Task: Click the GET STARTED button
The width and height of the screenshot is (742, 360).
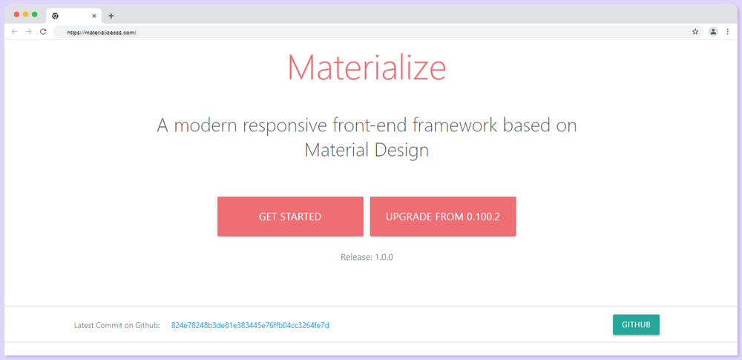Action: (290, 217)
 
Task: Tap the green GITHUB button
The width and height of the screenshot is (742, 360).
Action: (636, 325)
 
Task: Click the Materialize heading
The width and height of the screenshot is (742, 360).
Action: (367, 68)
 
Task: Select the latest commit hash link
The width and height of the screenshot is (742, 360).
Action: (250, 326)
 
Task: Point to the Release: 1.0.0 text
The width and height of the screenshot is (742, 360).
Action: (367, 258)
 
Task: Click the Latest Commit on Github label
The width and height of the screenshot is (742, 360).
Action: (117, 326)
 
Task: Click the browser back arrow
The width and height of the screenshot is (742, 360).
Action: (14, 32)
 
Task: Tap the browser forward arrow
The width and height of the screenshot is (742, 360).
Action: (28, 32)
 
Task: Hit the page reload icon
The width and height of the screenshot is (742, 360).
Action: (43, 32)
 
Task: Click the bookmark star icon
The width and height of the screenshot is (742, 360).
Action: (695, 32)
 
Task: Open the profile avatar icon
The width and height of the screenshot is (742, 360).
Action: (713, 32)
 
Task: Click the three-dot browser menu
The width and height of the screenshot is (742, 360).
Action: (727, 32)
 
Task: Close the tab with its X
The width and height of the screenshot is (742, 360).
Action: (94, 16)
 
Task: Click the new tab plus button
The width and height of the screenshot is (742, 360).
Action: (111, 16)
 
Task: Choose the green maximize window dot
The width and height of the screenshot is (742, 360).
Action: (35, 15)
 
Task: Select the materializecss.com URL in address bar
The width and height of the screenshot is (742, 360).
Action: (102, 33)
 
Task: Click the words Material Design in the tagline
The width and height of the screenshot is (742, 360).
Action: (367, 150)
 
